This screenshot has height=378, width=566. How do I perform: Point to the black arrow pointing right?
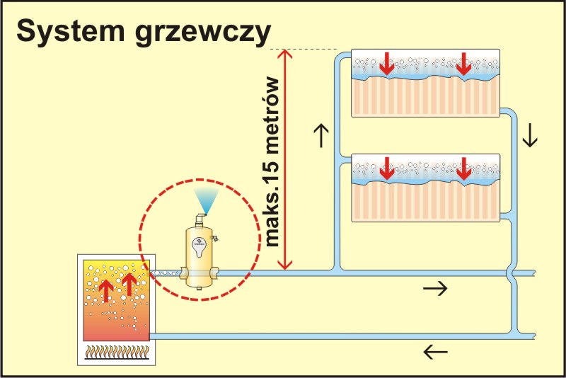click(435, 287)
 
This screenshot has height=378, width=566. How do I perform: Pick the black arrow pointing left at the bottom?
click(435, 350)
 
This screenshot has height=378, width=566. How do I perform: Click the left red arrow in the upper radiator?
click(386, 64)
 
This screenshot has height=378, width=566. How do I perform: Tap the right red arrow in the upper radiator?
click(463, 64)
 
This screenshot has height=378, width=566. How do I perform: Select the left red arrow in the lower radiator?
click(386, 170)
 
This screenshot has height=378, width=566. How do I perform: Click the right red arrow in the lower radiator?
click(463, 170)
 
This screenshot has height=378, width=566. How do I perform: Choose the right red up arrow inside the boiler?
click(129, 285)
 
